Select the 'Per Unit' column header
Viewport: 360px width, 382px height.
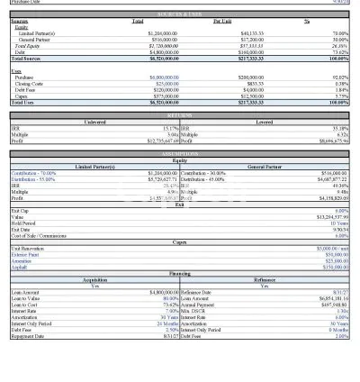click(221, 20)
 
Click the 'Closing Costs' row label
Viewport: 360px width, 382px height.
click(31, 83)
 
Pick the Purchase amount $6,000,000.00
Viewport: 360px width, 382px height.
click(163, 77)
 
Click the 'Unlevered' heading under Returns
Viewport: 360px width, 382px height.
click(94, 122)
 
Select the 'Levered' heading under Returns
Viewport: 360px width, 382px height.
click(265, 122)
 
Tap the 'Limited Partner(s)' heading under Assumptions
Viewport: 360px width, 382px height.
click(94, 166)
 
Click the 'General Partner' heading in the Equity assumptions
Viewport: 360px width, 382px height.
click(265, 166)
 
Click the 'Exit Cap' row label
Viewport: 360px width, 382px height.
click(21, 210)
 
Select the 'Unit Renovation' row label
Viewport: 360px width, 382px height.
click(28, 248)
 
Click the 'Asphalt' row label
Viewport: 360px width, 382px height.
click(19, 267)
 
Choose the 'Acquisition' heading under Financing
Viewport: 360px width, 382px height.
click(94, 279)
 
